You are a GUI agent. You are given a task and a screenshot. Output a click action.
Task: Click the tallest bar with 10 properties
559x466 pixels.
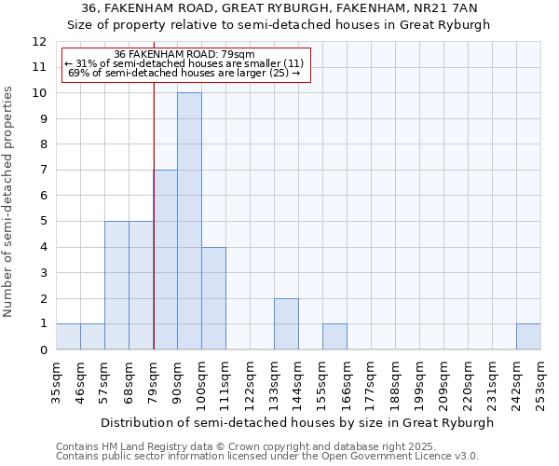click(x=189, y=221)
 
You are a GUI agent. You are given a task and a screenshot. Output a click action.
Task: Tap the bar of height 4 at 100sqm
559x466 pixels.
click(x=213, y=298)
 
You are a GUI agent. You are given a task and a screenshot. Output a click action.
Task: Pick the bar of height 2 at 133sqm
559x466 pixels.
click(x=286, y=323)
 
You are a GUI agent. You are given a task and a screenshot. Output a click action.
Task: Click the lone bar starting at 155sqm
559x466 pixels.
click(x=334, y=336)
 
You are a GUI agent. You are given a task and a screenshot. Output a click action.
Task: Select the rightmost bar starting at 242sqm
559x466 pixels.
click(x=528, y=336)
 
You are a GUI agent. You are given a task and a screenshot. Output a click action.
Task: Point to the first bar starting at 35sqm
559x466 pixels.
click(x=68, y=336)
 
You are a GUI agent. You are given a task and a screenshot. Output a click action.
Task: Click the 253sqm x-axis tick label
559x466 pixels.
click(x=540, y=384)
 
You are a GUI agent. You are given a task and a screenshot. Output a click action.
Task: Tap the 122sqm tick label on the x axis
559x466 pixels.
click(x=250, y=384)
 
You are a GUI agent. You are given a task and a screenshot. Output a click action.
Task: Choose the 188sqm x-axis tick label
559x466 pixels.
click(x=395, y=384)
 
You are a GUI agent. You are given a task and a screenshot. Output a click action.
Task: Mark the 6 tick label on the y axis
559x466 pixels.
click(x=43, y=196)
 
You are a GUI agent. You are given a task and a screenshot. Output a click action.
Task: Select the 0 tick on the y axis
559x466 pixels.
click(x=43, y=350)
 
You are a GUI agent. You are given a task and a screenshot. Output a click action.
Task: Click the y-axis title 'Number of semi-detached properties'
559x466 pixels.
click(x=9, y=201)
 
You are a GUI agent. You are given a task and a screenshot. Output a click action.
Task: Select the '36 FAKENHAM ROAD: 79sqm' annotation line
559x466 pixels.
click(x=184, y=54)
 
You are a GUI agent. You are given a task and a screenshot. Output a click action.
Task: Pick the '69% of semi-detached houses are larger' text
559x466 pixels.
click(x=184, y=73)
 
